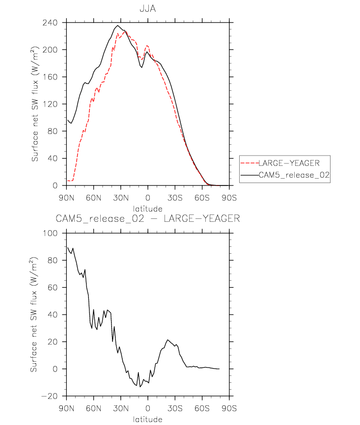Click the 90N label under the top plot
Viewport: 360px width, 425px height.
point(66,198)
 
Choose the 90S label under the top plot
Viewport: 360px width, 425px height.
point(229,198)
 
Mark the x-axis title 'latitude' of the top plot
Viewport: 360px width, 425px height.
point(148,209)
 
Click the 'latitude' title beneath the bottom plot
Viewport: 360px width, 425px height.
point(148,419)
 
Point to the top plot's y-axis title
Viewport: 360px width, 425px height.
point(35,104)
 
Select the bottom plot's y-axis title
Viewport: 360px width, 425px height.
point(35,314)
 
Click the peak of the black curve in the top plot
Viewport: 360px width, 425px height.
point(118,26)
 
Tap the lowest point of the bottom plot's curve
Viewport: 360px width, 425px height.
point(140,387)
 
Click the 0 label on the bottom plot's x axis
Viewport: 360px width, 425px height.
point(148,408)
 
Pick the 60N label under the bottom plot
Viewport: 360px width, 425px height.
point(93,408)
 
